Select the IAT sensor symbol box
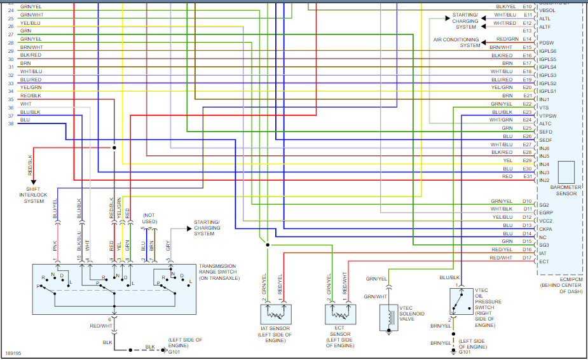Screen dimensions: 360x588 (x=275, y=314)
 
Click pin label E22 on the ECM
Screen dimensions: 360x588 (x=527, y=104)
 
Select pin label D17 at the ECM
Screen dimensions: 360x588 (x=527, y=258)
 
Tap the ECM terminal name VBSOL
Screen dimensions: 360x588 (x=547, y=10)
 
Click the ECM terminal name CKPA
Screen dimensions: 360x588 (x=546, y=228)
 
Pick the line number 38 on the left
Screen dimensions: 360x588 (x=11, y=123)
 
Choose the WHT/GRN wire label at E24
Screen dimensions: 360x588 (x=501, y=120)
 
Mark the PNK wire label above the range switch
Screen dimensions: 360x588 (x=55, y=245)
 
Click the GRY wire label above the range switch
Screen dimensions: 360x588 (x=167, y=245)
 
